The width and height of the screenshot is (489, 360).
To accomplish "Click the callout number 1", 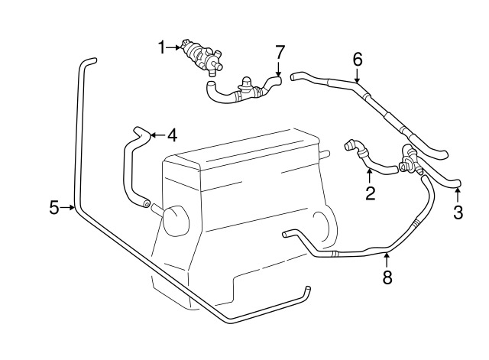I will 162,48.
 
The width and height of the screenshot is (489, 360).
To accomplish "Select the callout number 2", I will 371,193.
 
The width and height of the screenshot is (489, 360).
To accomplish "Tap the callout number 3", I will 458,213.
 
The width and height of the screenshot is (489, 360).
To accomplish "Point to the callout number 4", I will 172,136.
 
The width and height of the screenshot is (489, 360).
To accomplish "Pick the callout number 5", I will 54,207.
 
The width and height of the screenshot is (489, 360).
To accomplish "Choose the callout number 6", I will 357,59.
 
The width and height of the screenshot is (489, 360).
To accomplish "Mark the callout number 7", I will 280,52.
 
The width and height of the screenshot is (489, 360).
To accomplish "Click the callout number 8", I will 387,277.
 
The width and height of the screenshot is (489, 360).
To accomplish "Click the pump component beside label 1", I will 201,54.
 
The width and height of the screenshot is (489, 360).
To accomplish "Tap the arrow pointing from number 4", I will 154,135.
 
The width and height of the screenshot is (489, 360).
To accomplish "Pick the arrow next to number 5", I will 69,207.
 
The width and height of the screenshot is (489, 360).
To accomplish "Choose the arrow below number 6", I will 357,76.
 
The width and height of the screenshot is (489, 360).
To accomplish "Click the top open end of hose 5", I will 90,60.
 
